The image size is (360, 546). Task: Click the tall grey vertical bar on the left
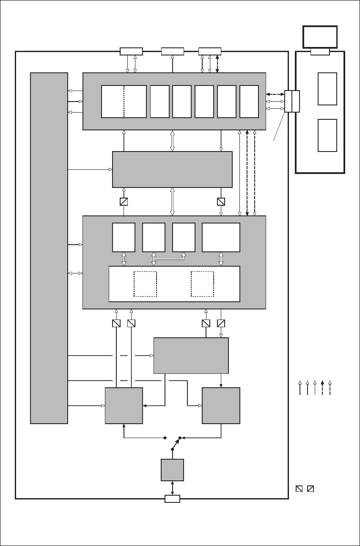[x=49, y=248]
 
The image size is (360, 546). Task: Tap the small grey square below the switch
[x=172, y=470]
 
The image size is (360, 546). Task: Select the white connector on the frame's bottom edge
[x=172, y=499]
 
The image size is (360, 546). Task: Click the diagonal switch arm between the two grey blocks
[x=175, y=444]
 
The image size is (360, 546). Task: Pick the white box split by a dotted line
[x=124, y=102]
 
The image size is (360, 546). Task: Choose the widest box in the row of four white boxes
[x=221, y=237]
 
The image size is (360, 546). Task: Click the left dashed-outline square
[x=146, y=284]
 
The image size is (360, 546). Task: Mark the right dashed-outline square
[x=202, y=284]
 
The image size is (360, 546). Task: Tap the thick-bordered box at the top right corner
[x=320, y=37]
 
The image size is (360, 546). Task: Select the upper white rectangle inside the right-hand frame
[x=327, y=89]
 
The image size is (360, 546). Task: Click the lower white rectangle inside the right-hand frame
[x=327, y=135]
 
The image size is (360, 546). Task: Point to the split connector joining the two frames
[x=292, y=101]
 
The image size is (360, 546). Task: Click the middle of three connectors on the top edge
[x=173, y=52]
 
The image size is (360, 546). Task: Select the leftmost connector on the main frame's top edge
[x=131, y=52]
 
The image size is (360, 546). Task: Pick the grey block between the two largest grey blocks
[x=172, y=169]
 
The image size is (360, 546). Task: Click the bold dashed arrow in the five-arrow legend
[x=322, y=388]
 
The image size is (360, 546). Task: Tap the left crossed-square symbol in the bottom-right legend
[x=299, y=489]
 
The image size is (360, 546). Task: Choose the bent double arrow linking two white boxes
[x=168, y=257]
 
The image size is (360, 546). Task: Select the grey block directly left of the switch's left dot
[x=124, y=405]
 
